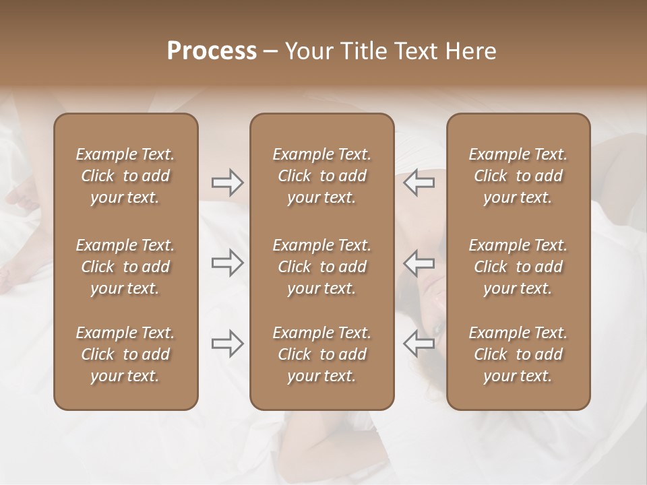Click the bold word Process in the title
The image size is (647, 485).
[212, 51]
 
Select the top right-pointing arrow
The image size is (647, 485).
[227, 183]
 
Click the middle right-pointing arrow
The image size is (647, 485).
[227, 263]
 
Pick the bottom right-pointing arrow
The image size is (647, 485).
[227, 344]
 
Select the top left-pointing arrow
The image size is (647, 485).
[419, 183]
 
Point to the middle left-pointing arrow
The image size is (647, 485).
[419, 263]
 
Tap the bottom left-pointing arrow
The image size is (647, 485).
[419, 344]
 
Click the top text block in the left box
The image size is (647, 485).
[125, 176]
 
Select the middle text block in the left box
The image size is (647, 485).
[125, 267]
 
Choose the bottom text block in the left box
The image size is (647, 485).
[125, 354]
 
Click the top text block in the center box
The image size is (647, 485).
[321, 176]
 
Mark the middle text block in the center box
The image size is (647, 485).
[321, 267]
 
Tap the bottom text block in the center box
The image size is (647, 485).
[321, 354]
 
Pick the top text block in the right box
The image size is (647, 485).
[518, 176]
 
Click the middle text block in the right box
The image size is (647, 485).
[518, 267]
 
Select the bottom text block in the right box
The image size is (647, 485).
[518, 354]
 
